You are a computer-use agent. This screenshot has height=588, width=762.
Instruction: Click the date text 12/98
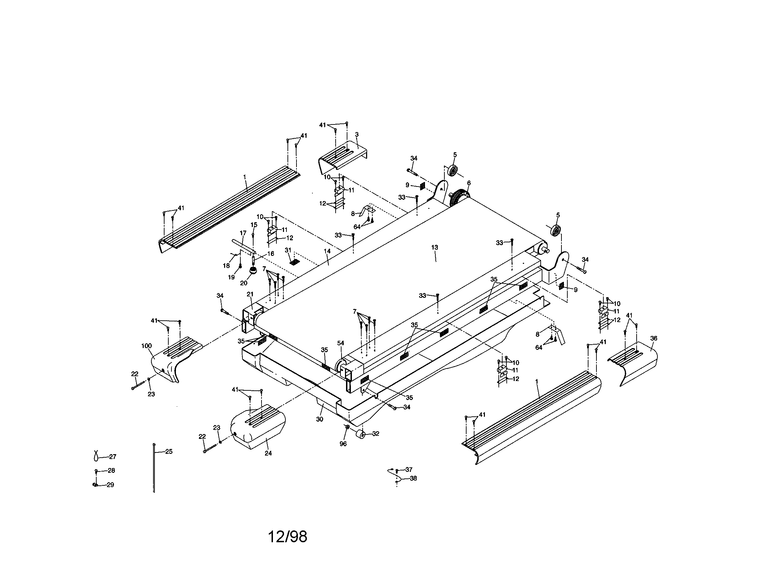(x=287, y=537)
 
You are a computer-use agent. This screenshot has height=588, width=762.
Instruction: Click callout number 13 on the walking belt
(x=434, y=248)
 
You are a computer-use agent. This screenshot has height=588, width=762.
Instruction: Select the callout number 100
(x=147, y=346)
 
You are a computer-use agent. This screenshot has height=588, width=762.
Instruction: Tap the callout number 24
(x=268, y=453)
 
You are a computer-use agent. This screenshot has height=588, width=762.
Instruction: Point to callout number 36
(x=654, y=338)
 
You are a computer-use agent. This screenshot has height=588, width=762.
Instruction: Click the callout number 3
(x=356, y=135)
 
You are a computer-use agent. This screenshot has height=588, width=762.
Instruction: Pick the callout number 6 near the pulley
(x=469, y=183)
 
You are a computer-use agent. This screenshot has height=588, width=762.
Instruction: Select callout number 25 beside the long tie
(x=169, y=451)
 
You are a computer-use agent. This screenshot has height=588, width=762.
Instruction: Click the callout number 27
(x=113, y=457)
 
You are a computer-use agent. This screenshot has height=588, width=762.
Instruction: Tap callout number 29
(x=110, y=485)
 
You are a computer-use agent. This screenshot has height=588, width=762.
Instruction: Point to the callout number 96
(x=343, y=444)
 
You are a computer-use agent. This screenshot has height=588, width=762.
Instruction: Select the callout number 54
(x=340, y=343)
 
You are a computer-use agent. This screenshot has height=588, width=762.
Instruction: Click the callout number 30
(x=320, y=420)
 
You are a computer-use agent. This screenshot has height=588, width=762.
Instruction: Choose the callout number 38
(x=413, y=479)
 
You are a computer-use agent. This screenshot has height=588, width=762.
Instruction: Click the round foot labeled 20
(x=253, y=271)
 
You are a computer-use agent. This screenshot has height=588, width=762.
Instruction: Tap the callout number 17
(x=243, y=233)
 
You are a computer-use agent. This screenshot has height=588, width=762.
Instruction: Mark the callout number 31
(x=288, y=250)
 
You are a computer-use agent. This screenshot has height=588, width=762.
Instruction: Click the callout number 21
(x=250, y=294)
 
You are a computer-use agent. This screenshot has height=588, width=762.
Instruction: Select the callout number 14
(x=327, y=251)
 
